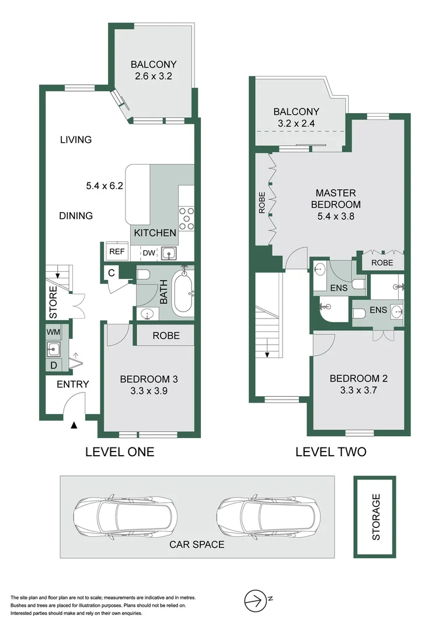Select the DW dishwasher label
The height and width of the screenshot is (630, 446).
[x=149, y=253]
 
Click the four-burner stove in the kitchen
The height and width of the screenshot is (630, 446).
[x=186, y=219]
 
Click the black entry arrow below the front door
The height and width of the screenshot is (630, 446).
[x=74, y=426]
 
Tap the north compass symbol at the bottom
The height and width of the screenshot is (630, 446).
[x=254, y=599]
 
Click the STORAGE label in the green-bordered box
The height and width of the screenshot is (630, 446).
[x=376, y=517]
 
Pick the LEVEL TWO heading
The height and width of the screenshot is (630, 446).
[x=330, y=452]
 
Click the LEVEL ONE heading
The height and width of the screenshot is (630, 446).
[x=120, y=452]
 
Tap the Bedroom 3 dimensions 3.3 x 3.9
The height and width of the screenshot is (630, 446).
[x=148, y=391]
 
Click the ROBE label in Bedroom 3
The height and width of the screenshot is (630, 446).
[x=166, y=336]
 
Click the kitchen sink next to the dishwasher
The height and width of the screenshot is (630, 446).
[x=168, y=253]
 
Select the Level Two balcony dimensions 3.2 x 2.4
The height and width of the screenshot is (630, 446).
[x=296, y=123]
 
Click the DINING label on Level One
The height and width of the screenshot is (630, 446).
[x=76, y=216]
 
